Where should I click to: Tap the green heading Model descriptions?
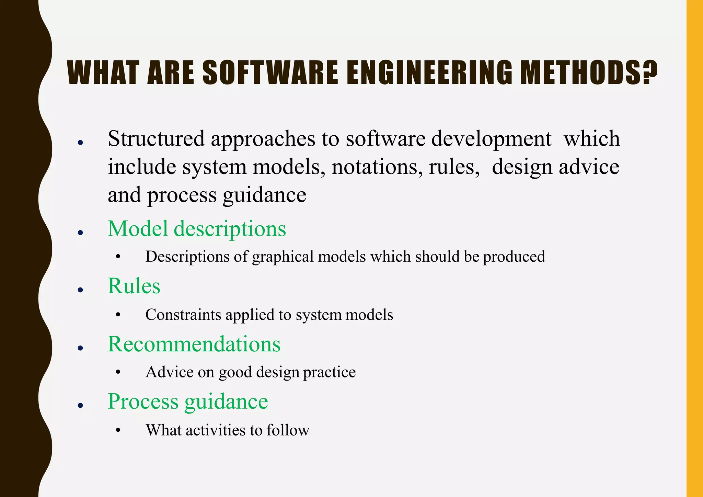tap(197, 228)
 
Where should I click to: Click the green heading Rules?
tap(134, 286)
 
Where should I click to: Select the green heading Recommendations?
tap(194, 344)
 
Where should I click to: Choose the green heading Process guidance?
tap(188, 401)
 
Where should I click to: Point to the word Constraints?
tap(183, 315)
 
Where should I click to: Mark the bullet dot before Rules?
tap(81, 290)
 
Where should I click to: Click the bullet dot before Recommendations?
tap(81, 348)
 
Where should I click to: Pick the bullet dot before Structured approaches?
tap(81, 143)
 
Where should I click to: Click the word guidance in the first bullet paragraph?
tap(264, 195)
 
